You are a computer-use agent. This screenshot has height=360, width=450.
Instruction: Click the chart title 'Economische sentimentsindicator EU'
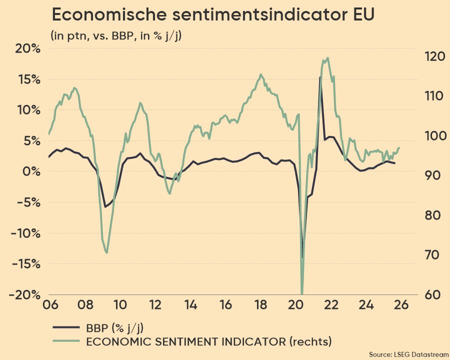[213, 15]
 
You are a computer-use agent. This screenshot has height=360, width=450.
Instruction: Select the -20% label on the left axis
[24, 294]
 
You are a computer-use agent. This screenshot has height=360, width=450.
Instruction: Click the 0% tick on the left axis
[31, 171]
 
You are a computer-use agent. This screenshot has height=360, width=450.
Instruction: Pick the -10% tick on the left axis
[24, 233]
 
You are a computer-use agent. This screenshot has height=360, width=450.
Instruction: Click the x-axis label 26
[402, 305]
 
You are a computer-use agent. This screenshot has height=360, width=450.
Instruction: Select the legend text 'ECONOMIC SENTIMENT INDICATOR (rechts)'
[209, 342]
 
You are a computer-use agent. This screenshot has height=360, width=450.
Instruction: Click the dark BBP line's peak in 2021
[320, 77]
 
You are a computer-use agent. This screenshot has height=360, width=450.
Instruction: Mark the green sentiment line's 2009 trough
[106, 252]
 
